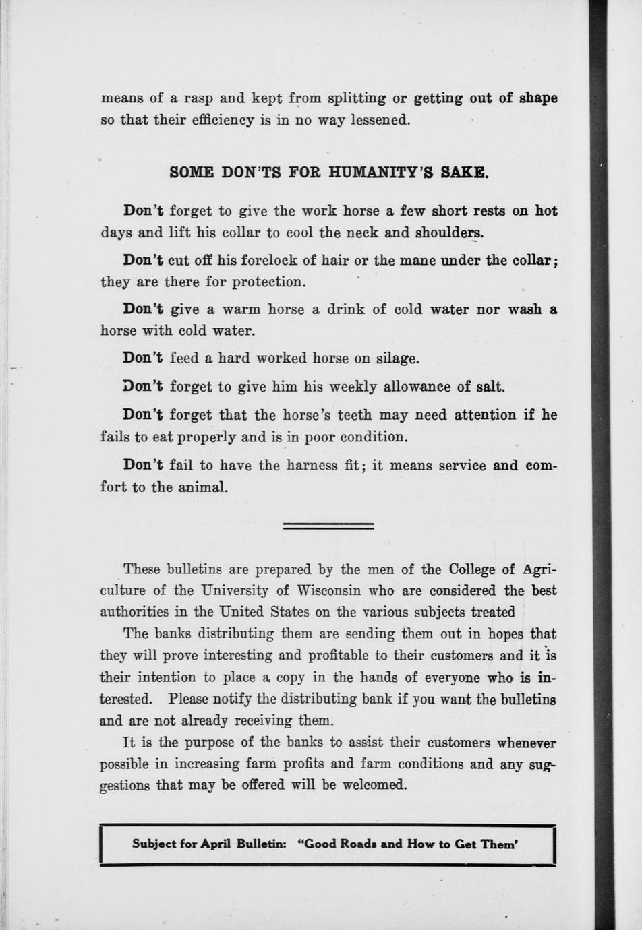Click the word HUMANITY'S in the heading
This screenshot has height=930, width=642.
pos(380,172)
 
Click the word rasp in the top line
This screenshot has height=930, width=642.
pos(198,98)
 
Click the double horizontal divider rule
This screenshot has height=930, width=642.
pos(328,526)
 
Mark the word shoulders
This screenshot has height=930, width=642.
pos(448,233)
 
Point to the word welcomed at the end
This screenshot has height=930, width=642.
pos(375,786)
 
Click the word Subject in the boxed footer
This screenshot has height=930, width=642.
pos(154,844)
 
